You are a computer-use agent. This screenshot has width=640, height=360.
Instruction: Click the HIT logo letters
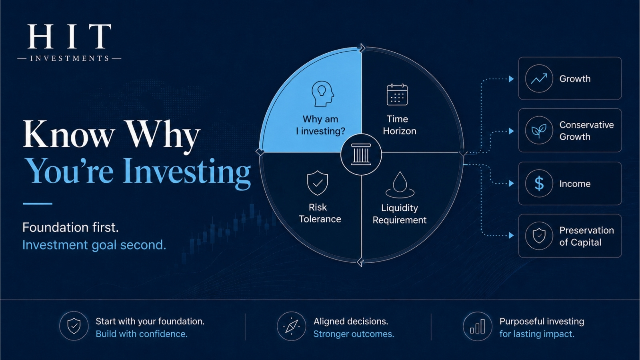[x=69, y=36]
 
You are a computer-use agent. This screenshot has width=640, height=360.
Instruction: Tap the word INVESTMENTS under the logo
[x=70, y=58]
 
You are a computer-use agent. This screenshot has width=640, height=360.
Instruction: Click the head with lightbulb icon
[x=322, y=94]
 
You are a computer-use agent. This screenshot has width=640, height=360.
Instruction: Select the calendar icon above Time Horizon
[x=397, y=94]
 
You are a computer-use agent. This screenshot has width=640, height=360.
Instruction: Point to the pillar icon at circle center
[x=361, y=154]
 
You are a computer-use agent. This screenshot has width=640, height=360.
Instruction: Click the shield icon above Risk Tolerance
[x=318, y=183]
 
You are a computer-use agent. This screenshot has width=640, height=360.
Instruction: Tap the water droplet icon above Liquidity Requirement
[x=400, y=184]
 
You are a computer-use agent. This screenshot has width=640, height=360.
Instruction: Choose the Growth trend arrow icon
[x=539, y=78]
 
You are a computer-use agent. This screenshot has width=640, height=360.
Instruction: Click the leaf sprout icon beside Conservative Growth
[x=539, y=131]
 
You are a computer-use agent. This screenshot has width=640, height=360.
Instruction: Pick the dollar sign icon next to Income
[x=539, y=184]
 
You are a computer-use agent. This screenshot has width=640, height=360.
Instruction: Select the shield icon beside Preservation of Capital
[x=539, y=236]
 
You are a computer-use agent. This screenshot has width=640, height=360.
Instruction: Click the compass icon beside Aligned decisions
[x=292, y=326]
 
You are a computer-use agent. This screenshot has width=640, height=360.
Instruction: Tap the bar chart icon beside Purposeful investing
[x=478, y=326]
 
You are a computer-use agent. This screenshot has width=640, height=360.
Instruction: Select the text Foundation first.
[x=70, y=228]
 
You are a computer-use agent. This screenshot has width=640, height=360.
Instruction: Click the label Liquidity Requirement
[x=400, y=214]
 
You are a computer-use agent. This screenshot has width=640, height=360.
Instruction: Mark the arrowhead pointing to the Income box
[x=512, y=184]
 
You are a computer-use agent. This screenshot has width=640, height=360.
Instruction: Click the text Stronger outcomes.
[x=354, y=334]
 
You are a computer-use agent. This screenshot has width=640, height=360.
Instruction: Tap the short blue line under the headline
[x=38, y=204]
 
